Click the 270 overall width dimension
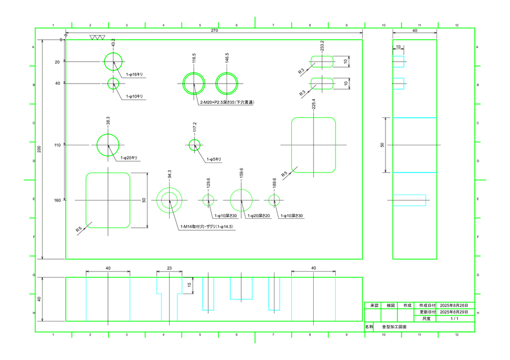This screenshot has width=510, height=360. [x=214, y=30]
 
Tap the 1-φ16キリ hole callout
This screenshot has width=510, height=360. [x=135, y=75]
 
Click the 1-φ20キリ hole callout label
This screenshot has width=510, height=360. [x=129, y=158]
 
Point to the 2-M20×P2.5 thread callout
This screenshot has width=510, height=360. [x=227, y=103]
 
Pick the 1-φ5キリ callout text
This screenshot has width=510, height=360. [x=214, y=160]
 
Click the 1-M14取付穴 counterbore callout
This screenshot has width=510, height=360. [x=207, y=227]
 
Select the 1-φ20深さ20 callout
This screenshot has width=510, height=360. [x=259, y=216]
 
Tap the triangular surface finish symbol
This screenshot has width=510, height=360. [x=97, y=37]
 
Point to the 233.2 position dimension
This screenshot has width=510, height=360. [x=322, y=46]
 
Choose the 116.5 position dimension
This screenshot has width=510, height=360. [x=194, y=58]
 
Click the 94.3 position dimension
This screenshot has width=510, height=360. [x=170, y=174]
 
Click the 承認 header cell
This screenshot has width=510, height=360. [x=372, y=305]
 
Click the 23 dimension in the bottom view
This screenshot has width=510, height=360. [x=169, y=269]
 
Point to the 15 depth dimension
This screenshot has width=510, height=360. [x=189, y=285]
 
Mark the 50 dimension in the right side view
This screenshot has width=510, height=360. [x=383, y=145]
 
